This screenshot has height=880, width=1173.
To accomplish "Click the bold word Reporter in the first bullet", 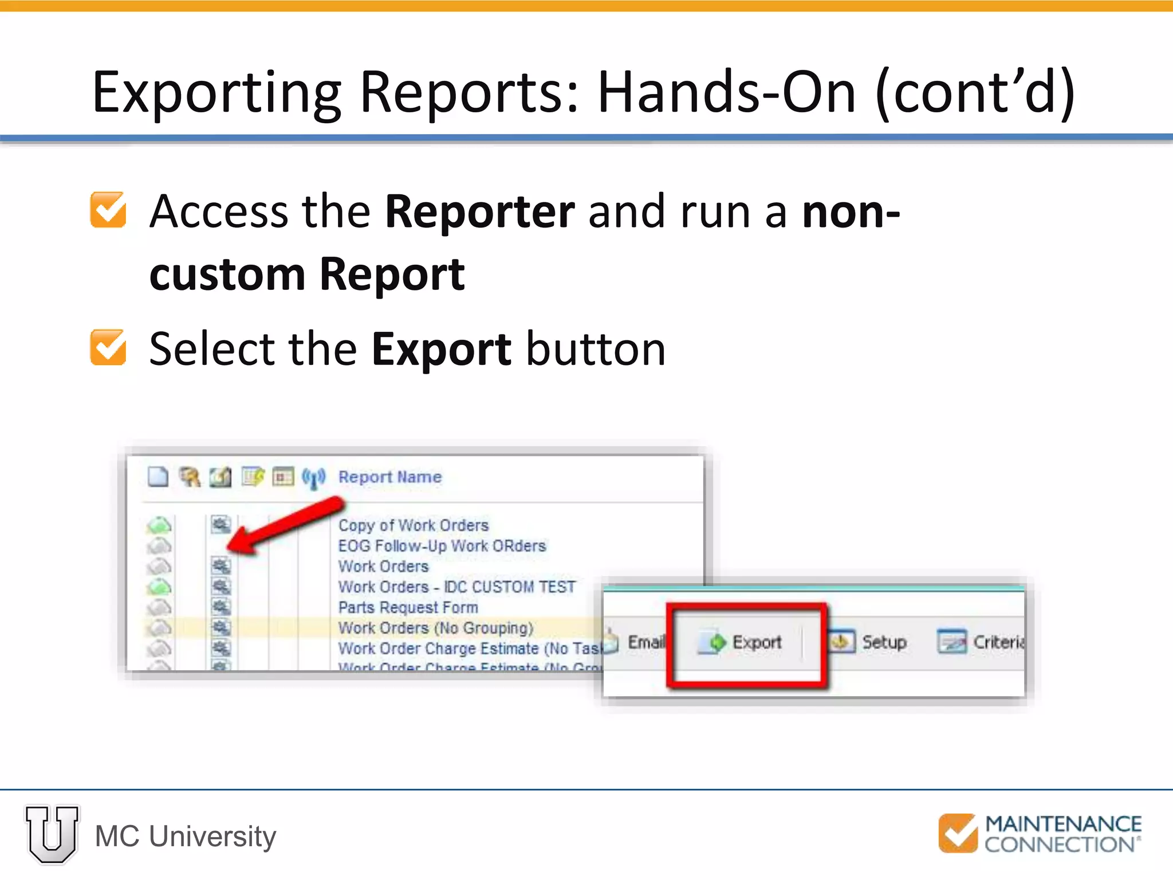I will (479, 212).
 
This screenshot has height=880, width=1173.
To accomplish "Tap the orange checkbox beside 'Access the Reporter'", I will (108, 210).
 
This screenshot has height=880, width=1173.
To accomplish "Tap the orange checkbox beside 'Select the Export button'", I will (108, 347).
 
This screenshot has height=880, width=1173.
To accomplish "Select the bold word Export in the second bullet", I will (441, 349).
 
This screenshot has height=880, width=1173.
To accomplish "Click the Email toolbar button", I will (644, 642).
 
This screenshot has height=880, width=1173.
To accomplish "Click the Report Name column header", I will (390, 477).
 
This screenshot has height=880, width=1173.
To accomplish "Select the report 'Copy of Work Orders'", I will (414, 525).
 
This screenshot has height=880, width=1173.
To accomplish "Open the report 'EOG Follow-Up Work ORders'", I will (442, 546).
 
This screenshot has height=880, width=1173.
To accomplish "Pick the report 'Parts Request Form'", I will (408, 607).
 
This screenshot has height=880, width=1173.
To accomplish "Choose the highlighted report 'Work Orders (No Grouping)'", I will (435, 628).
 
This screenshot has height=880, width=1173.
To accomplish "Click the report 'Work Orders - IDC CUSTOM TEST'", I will (456, 587).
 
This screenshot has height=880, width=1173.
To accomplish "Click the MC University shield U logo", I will (52, 834).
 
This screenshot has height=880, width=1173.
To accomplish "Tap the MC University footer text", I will (186, 836).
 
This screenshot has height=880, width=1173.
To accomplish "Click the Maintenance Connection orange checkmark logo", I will (958, 833).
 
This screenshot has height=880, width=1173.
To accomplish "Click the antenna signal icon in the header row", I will (313, 478).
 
